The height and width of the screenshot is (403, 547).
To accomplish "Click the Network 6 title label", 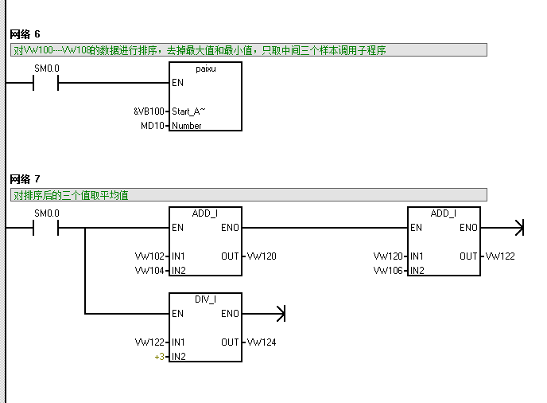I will click(25, 34).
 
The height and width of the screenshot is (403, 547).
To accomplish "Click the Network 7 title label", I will click(25, 178).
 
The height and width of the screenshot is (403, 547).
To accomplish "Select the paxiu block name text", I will click(206, 69).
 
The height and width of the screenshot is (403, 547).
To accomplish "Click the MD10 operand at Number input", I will click(152, 126).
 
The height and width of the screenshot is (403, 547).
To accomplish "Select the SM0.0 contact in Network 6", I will click(46, 83).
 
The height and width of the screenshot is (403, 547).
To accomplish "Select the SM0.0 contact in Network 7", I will click(46, 228).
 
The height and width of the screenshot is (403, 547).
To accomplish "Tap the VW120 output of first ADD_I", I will click(262, 256).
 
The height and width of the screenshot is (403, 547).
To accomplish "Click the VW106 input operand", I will click(388, 271).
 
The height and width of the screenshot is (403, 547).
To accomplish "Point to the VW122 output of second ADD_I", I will click(500, 256).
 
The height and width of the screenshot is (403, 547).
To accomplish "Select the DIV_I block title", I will click(206, 299).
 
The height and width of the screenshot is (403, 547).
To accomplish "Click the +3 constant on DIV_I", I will click(159, 357).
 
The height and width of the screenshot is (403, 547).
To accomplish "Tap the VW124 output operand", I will click(262, 342).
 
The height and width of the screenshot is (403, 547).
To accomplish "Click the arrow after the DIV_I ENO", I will click(279, 314).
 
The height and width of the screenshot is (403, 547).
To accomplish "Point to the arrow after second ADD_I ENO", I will click(518, 228).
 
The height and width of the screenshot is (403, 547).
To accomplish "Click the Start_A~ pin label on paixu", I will click(188, 112).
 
